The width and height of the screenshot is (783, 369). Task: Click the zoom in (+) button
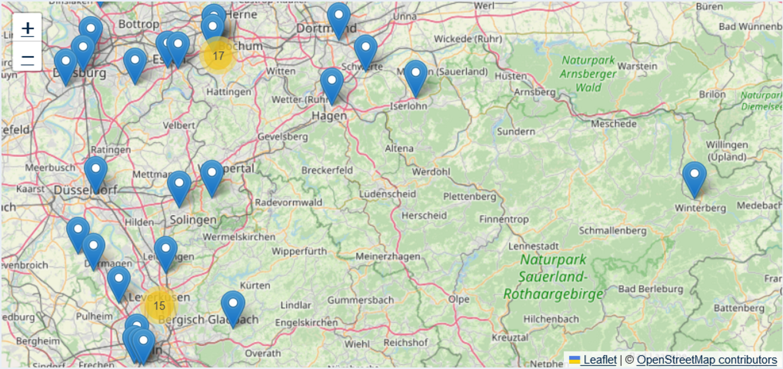28,27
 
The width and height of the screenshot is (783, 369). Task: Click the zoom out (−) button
28,58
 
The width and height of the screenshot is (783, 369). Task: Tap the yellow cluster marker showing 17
218,56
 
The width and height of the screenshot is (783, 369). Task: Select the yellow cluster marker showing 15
159,306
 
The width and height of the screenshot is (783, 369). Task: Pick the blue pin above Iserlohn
415,78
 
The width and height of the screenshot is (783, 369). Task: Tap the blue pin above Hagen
332,85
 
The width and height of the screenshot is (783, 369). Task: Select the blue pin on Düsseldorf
95,174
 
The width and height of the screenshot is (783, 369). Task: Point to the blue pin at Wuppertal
212,177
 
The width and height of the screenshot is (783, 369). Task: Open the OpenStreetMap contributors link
707,360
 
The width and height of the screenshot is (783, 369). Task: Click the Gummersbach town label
360,301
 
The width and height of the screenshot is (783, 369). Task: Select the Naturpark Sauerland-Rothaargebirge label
554,277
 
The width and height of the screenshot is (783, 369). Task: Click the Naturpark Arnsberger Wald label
588,74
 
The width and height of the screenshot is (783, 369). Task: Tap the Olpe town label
459,299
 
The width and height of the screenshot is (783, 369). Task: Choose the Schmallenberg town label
612,231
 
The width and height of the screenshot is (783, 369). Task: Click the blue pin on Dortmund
338,20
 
